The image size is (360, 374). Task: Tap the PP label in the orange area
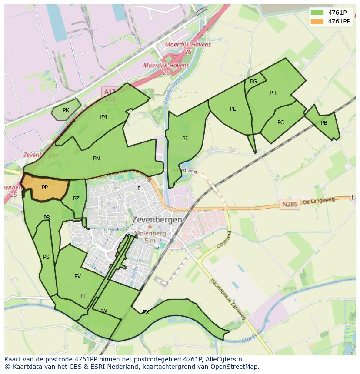[x=45, y=188]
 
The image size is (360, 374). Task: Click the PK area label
[x=66, y=110]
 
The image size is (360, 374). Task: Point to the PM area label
[x=103, y=116]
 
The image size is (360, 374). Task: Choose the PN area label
[x=97, y=159]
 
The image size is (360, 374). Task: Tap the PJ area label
[x=185, y=139]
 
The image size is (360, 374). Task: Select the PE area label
[x=233, y=109]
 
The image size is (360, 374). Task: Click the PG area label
[x=253, y=82]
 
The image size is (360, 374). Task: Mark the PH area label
[x=273, y=93]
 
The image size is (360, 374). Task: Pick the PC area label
[x=280, y=122]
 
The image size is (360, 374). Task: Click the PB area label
[x=324, y=123]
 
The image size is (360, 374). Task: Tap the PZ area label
[x=77, y=199]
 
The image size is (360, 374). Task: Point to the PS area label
[x=46, y=257]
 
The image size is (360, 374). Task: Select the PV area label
[x=77, y=276]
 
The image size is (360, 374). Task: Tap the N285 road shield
[x=290, y=204]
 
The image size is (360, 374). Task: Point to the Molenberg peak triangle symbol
[x=150, y=227]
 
